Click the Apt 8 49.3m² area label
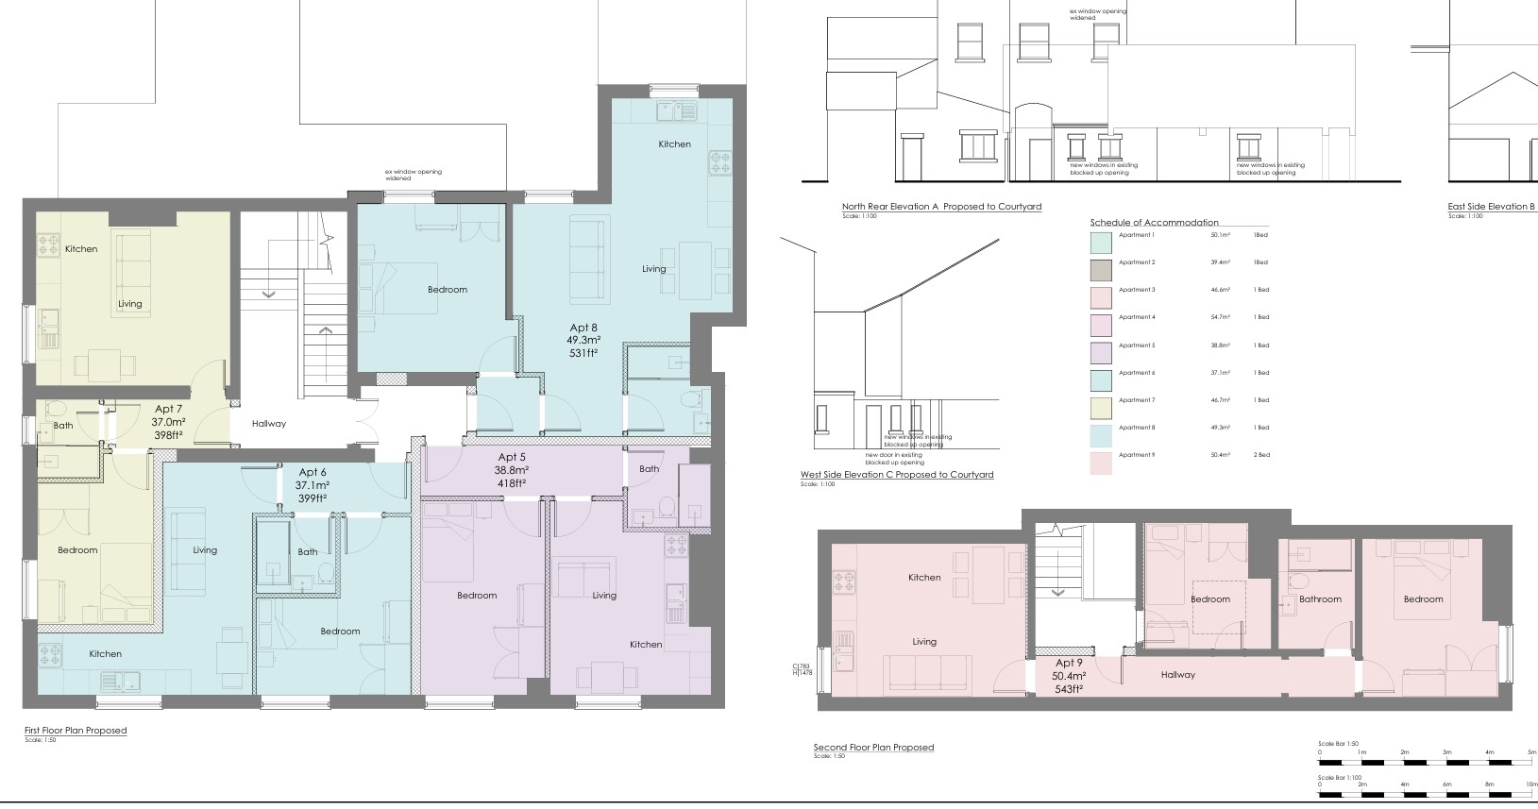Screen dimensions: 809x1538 point(583,340)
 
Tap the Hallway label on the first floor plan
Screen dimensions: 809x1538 point(268,424)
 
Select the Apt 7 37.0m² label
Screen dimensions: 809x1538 point(169,422)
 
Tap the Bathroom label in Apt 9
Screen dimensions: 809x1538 point(1319,599)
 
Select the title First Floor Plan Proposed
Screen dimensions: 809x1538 point(76,731)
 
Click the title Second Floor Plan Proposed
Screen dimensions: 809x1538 point(873,748)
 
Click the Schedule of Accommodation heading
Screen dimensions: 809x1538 point(1154,223)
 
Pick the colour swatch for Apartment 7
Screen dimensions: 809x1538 point(1101,408)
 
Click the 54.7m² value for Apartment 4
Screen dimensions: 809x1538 point(1221,317)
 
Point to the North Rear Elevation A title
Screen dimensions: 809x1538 point(941,207)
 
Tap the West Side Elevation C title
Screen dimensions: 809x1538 point(897,475)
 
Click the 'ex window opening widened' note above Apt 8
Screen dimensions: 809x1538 point(413,175)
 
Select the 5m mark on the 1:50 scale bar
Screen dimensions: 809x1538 point(1531,752)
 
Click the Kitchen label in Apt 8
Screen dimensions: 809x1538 point(674,144)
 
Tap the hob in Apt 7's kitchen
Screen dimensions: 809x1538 point(48,246)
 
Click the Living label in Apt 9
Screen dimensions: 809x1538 point(923,642)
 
